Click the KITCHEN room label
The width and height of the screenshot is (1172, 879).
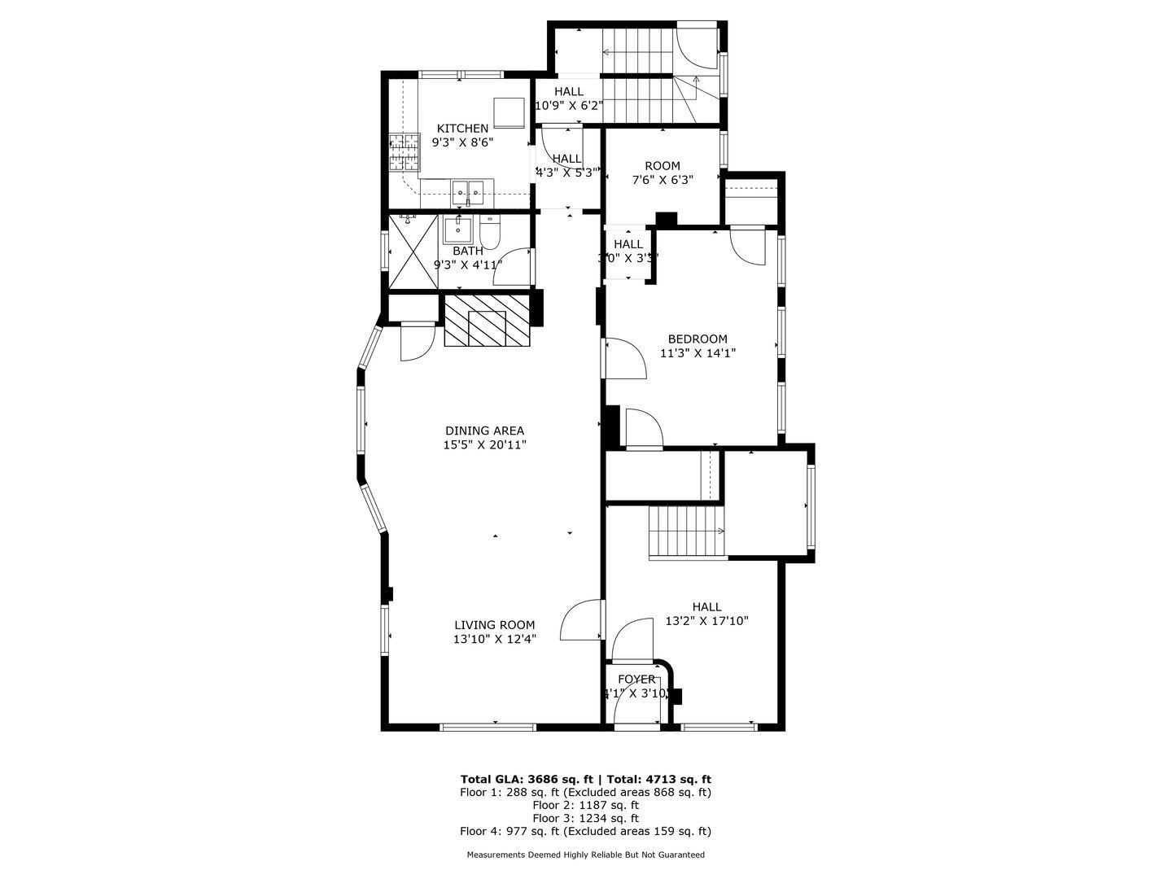[462, 129]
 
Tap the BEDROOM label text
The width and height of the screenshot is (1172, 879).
[698, 339]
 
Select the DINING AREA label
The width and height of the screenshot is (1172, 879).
[484, 431]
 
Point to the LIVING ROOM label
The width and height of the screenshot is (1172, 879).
[495, 625]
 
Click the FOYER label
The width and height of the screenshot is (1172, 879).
[636, 680]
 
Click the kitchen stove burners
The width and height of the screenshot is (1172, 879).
[404, 153]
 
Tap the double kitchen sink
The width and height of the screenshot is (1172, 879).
[468, 193]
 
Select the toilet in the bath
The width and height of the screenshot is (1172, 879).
[490, 234]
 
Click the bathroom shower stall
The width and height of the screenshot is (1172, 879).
[413, 251]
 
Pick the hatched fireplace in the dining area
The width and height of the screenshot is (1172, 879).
[487, 321]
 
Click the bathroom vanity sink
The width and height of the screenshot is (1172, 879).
[458, 229]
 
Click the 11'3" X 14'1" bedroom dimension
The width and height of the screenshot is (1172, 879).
[698, 353]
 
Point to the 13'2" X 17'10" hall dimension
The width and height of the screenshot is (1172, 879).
[706, 621]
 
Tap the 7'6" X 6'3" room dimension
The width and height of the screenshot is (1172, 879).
[662, 181]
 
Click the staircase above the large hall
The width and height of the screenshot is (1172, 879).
[686, 531]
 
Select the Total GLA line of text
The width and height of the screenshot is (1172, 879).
[585, 779]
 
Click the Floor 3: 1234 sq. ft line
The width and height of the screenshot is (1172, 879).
[585, 818]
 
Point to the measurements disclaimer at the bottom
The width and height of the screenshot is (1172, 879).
[585, 855]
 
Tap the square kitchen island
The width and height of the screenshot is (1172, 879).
[509, 112]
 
